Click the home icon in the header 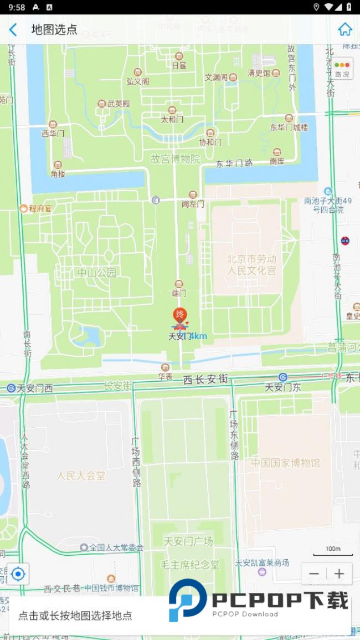coord(345,29)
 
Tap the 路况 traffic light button coord(342,69)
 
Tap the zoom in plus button coord(339,574)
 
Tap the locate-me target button coord(18,574)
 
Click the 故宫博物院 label coord(176,159)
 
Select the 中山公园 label coord(97,273)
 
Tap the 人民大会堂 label coord(81,475)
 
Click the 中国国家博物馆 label coord(285,463)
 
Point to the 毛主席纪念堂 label coord(190,565)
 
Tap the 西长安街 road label coord(205,380)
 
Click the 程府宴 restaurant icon coord(24,208)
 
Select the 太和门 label coord(172,119)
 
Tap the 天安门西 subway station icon coord(11,388)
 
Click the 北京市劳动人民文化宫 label coord(251,265)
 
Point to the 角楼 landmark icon coord(58,165)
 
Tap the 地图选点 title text coord(54,30)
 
